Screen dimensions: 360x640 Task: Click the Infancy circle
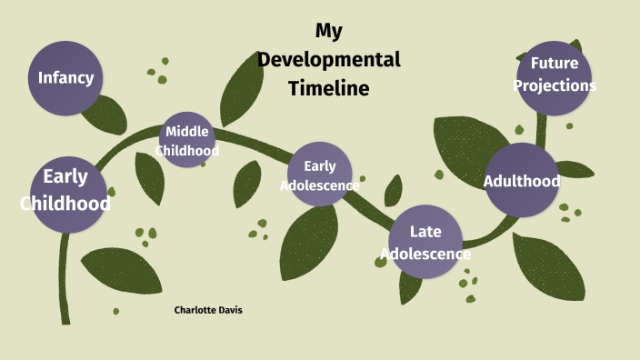[65, 77]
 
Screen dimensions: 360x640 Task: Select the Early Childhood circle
[66, 191]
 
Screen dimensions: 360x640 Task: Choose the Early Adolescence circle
[320, 174]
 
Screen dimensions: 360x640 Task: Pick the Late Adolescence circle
[425, 243]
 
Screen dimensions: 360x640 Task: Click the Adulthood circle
[522, 180]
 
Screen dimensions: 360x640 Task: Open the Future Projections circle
[555, 75]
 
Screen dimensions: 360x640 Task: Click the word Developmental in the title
[328, 60]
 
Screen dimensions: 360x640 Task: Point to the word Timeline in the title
[329, 88]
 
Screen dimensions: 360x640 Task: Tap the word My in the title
[328, 31]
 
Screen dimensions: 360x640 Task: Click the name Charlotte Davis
[208, 310]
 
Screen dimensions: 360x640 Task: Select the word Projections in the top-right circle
[555, 85]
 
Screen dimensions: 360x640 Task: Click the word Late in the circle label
[425, 233]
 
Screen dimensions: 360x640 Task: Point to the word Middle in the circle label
[188, 132]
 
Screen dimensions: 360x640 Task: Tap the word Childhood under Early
[65, 203]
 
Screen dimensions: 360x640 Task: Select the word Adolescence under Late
[425, 254]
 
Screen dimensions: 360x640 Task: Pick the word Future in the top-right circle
[555, 65]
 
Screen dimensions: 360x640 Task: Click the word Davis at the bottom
[229, 310]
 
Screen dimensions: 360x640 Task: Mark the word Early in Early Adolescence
[320, 165]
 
